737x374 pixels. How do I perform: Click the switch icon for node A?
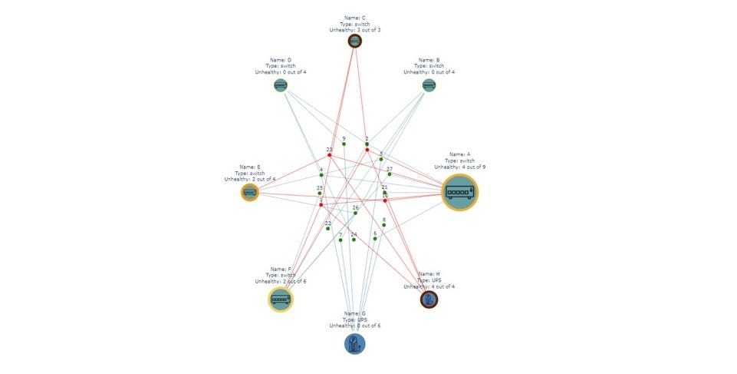[x=460, y=192]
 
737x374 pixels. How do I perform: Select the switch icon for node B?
[x=429, y=85]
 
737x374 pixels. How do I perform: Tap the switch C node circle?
[x=355, y=41]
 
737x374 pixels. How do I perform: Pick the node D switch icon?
[x=281, y=85]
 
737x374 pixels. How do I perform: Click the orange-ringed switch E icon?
[x=250, y=192]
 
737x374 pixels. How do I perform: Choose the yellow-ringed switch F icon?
[x=281, y=299]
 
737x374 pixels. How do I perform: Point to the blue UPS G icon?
[x=355, y=343]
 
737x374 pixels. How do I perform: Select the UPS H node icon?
[x=429, y=299]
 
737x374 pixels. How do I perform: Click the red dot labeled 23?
[x=330, y=155]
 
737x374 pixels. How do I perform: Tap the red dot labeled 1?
[x=321, y=204]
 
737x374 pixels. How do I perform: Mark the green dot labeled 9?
[x=344, y=144]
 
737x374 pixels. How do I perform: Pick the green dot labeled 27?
[x=390, y=174]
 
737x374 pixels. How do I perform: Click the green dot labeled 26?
[x=355, y=213]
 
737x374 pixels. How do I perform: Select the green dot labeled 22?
[x=328, y=228]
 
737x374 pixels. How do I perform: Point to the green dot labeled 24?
[x=354, y=240]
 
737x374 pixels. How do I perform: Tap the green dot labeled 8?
[x=384, y=225]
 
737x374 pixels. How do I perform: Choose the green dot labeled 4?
[x=321, y=175]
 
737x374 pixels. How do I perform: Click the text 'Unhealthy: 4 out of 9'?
[x=459, y=167]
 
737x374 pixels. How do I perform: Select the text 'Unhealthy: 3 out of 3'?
[x=354, y=30]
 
